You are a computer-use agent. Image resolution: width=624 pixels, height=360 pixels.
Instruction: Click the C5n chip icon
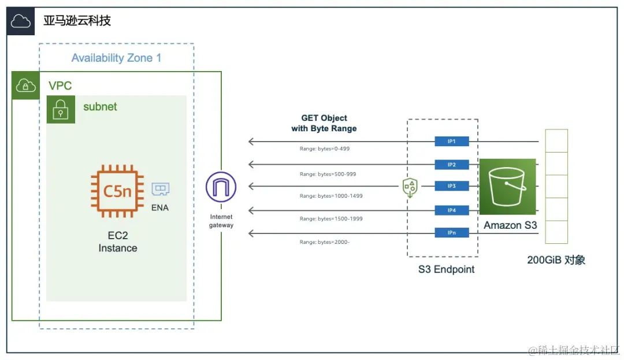117,190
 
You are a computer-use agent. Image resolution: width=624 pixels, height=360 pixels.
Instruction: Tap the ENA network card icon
160,190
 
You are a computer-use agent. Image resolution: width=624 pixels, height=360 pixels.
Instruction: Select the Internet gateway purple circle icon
221,187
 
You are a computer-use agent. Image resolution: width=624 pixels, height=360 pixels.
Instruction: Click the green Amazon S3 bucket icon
507,187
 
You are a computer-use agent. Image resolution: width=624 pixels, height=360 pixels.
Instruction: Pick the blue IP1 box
452,141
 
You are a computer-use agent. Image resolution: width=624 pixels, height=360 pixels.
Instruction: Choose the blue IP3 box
452,186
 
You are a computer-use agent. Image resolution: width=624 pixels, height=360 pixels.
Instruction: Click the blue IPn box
452,233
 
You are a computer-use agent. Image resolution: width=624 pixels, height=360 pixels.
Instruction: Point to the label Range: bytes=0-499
325,149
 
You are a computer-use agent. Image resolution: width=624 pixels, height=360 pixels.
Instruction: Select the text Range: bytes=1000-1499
331,196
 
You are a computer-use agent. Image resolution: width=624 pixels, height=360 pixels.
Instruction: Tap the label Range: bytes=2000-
325,242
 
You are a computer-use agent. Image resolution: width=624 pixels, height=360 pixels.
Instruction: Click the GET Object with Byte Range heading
324,123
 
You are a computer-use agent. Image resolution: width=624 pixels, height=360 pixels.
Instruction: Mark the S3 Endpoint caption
447,269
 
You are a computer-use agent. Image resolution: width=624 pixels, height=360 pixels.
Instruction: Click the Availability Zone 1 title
116,58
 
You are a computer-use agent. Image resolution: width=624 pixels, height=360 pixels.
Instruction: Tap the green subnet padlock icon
61,110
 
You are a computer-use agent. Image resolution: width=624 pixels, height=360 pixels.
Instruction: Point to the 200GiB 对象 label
556,260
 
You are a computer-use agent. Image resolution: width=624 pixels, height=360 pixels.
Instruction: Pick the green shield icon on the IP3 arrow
410,187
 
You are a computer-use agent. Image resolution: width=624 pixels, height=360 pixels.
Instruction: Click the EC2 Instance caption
118,242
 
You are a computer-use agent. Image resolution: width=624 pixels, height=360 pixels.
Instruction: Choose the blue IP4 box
452,210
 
